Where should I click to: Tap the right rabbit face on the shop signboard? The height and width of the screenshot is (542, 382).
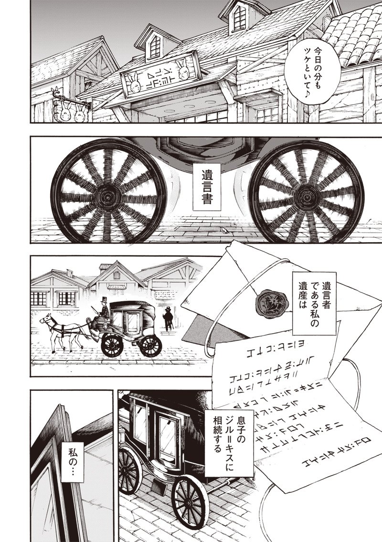coord(182,70)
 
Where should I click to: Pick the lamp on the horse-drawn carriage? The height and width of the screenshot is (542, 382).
coord(105,322)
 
